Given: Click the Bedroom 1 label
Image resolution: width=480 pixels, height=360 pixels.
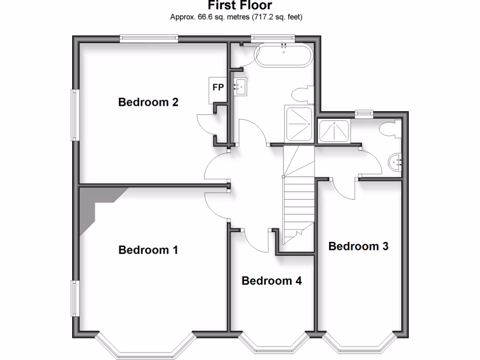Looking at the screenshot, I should click(148, 250).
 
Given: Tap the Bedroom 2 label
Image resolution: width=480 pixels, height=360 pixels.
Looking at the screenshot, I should click(148, 102).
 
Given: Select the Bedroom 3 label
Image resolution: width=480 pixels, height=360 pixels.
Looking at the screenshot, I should click(358, 246).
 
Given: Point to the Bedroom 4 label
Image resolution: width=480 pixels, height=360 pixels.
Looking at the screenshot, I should click(271, 281).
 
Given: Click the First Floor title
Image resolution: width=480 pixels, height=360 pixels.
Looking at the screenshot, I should click(240, 6).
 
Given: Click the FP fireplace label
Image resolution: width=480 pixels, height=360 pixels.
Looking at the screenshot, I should click(218, 87).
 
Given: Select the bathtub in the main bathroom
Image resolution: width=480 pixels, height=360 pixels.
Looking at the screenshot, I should click(283, 56).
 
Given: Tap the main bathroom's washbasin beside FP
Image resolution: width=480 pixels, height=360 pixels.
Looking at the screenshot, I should click(241, 86).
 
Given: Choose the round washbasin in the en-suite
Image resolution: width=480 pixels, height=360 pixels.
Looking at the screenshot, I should click(396, 162).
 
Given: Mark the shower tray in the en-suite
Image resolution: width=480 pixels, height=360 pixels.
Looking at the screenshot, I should click(334, 131).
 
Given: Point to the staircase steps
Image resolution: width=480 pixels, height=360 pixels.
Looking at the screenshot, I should click(299, 197).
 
